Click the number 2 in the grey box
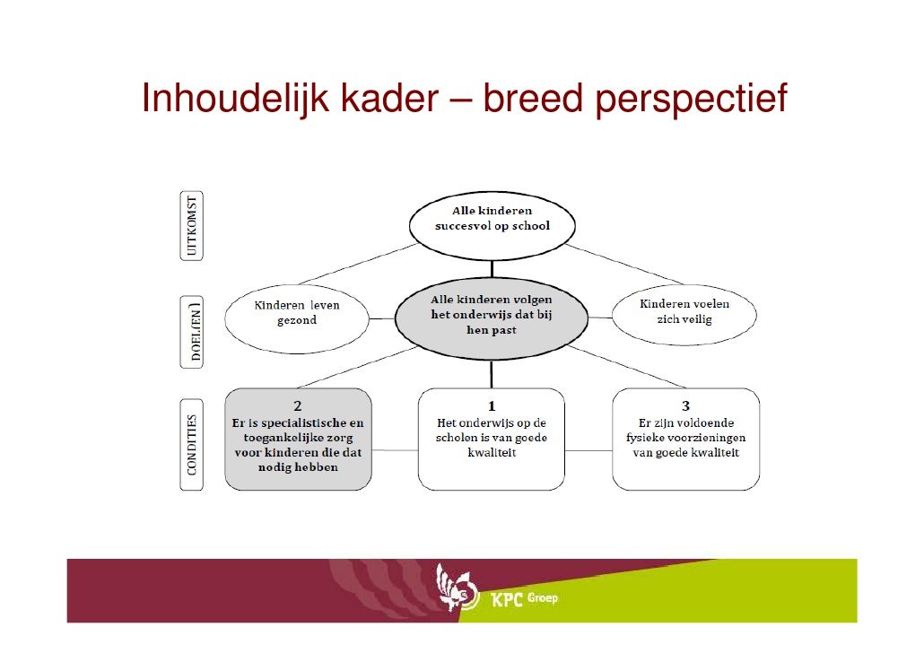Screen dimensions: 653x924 [298, 405]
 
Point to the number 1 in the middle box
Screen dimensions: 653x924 [492, 405]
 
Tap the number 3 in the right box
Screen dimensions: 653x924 [685, 405]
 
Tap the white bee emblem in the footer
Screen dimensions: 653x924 [454, 588]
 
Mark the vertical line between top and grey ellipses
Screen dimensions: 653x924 [492, 269]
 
